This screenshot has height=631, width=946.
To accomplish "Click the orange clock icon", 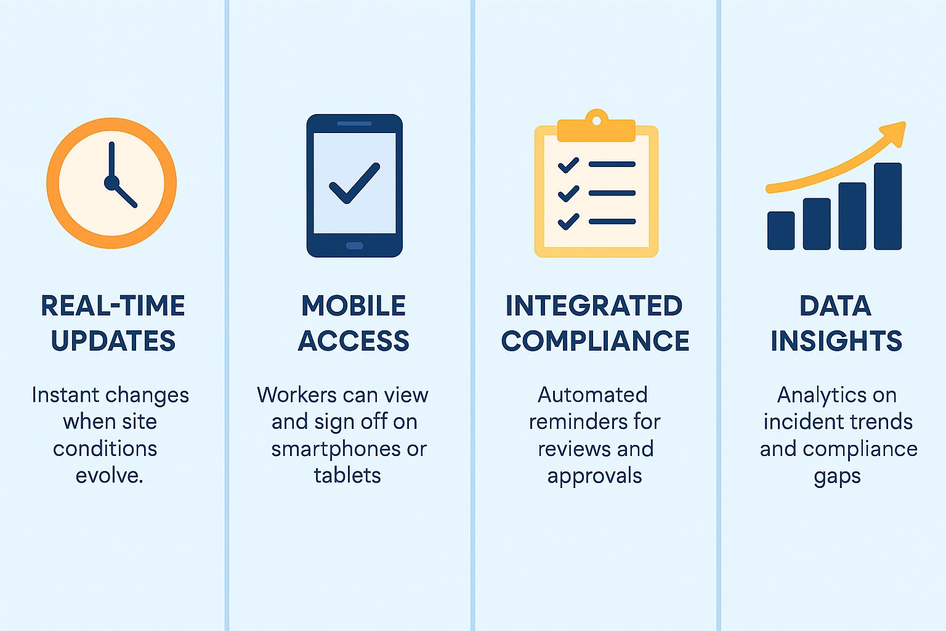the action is pyautogui.click(x=111, y=183).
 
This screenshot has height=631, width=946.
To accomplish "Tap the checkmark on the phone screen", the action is pyautogui.click(x=354, y=183).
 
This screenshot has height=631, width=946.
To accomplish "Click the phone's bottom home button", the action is pyautogui.click(x=355, y=246).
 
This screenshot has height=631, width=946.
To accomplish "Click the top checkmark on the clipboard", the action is pyautogui.click(x=568, y=165).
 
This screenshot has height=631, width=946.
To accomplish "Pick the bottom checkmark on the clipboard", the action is pyautogui.click(x=568, y=221).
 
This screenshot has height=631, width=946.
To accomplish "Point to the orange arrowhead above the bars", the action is pyautogui.click(x=894, y=133).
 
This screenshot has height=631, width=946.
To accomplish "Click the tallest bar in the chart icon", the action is pyautogui.click(x=887, y=206).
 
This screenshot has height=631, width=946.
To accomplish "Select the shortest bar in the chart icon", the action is pyautogui.click(x=781, y=230).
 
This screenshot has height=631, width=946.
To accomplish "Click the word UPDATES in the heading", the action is pyautogui.click(x=113, y=341).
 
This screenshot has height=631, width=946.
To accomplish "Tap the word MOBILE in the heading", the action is pyautogui.click(x=354, y=306).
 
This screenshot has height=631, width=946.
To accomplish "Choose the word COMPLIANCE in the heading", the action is pyautogui.click(x=595, y=341).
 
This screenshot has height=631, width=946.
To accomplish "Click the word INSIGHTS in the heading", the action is pyautogui.click(x=836, y=341).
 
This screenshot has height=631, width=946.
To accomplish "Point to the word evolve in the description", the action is pyautogui.click(x=108, y=476).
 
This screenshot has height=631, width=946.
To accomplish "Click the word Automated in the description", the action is pyautogui.click(x=592, y=395).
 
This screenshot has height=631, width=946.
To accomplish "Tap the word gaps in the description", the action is pyautogui.click(x=837, y=477).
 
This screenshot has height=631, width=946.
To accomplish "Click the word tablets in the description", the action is pyautogui.click(x=347, y=476).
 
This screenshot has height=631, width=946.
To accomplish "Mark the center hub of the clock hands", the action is pyautogui.click(x=111, y=182).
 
